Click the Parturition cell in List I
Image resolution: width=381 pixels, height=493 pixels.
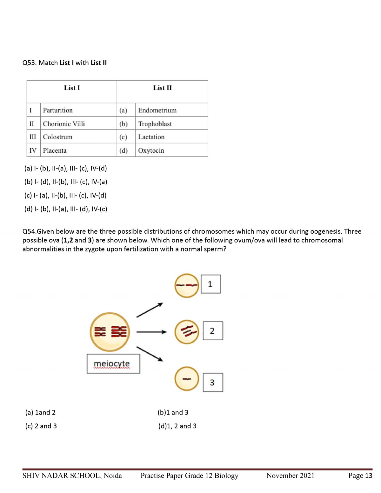pyautogui.click(x=58, y=110)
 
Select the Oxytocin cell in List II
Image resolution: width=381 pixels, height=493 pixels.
pyautogui.click(x=151, y=150)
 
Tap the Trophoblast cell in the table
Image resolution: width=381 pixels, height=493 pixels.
pyautogui.click(x=155, y=124)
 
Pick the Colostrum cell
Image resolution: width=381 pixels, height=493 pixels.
pyautogui.click(x=58, y=137)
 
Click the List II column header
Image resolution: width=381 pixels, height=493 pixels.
pyautogui.click(x=162, y=88)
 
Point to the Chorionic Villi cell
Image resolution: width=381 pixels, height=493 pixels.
pyautogui.click(x=64, y=124)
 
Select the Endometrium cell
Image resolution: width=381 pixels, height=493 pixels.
pyautogui.click(x=157, y=110)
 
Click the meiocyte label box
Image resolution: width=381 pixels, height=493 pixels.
pyautogui.click(x=113, y=364)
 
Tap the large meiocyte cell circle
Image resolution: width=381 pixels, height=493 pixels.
pyautogui.click(x=110, y=332)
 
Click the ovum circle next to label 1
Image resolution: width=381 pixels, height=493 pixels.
pyautogui.click(x=187, y=285)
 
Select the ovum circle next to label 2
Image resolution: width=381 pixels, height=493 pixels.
pyautogui.click(x=187, y=332)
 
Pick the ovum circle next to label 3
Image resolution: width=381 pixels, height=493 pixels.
pyautogui.click(x=187, y=379)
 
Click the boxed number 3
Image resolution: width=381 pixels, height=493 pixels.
pyautogui.click(x=213, y=383)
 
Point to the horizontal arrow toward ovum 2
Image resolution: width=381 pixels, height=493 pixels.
pyautogui.click(x=151, y=332)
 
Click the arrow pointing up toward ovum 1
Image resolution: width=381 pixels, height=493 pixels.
pyautogui.click(x=150, y=310)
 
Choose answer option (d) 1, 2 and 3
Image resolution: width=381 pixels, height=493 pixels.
pyautogui.click(x=177, y=426)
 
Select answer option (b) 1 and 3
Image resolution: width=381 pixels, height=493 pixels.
pyautogui.click(x=173, y=412)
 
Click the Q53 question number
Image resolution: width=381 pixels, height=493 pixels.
pyautogui.click(x=29, y=63)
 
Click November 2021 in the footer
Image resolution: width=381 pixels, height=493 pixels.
pyautogui.click(x=290, y=476)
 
